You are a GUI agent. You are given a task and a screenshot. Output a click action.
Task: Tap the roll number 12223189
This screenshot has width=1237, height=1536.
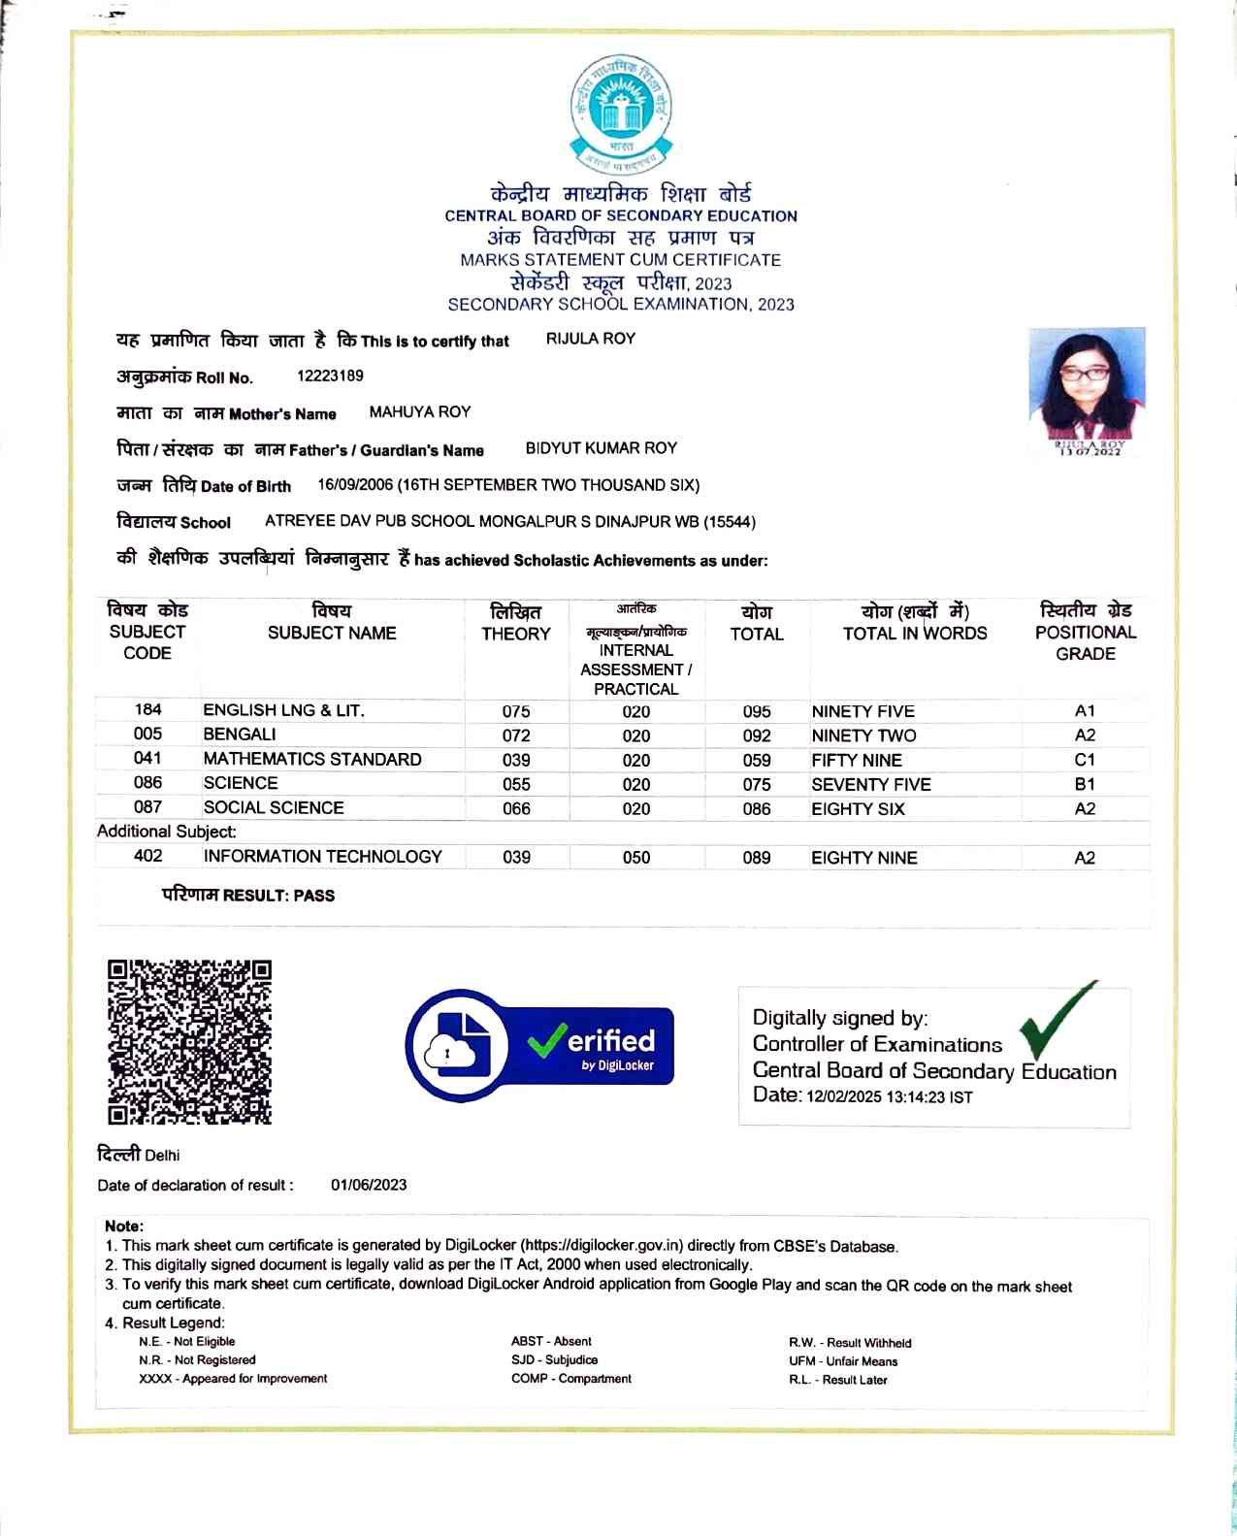(x=330, y=376)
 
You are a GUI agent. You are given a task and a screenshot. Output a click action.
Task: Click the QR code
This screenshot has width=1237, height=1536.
(x=189, y=1042)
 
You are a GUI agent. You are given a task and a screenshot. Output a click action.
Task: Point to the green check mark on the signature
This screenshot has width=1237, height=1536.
(x=1055, y=1021)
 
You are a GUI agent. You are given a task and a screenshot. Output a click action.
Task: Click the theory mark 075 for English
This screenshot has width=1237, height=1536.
(x=516, y=711)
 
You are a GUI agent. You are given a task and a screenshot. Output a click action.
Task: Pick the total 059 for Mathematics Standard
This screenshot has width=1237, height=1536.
(x=757, y=761)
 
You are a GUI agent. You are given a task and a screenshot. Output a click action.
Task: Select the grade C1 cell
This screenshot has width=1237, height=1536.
(x=1085, y=760)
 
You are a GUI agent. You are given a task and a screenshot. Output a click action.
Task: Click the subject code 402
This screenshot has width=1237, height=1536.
(x=147, y=856)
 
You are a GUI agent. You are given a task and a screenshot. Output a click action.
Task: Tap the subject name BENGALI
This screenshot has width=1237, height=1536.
(x=240, y=735)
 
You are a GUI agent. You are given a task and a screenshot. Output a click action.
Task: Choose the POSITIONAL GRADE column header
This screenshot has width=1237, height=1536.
(x=1085, y=632)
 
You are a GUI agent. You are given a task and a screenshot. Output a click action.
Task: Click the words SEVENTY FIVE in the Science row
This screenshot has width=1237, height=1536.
(x=870, y=784)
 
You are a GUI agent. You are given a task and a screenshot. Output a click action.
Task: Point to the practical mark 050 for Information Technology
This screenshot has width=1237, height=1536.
(x=636, y=858)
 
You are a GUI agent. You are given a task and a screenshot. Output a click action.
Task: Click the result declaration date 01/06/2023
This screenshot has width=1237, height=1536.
(x=369, y=1185)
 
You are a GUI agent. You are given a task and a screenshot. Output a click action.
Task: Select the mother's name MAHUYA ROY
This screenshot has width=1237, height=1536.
(x=419, y=412)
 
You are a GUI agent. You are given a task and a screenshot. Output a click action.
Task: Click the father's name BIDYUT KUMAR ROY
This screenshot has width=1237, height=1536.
(x=601, y=448)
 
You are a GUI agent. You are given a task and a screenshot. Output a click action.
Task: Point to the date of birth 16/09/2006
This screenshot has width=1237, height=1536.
(x=355, y=485)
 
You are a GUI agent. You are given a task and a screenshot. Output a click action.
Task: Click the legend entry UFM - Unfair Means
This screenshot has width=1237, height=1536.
(x=842, y=1361)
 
